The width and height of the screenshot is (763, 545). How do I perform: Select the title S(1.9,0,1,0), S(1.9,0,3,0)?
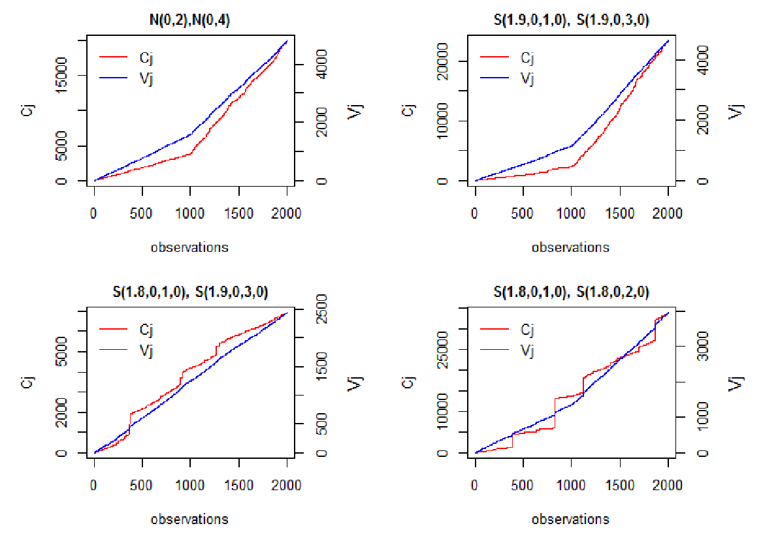[x=571, y=20]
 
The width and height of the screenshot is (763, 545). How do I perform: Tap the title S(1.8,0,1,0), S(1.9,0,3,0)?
[x=190, y=292]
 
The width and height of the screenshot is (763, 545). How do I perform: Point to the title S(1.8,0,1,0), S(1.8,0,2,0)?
[x=571, y=292]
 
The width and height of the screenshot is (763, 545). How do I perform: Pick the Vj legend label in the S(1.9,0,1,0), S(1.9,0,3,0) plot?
[x=527, y=78]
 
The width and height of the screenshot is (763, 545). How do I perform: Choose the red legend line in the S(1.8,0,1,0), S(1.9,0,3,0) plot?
[x=114, y=329]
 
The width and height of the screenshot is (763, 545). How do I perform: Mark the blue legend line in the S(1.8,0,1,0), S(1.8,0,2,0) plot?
[x=495, y=350]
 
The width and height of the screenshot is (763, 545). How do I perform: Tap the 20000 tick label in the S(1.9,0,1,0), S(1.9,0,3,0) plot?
[x=442, y=61]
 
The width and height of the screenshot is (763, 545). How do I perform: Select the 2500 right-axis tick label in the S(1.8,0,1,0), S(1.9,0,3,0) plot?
[x=321, y=309]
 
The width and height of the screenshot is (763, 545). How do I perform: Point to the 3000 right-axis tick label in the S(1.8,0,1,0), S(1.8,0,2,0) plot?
[x=703, y=346]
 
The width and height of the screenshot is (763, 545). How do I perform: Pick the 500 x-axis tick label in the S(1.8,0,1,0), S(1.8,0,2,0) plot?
[x=522, y=485]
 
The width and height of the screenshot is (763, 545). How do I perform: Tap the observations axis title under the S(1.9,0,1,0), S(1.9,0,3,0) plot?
[x=570, y=247]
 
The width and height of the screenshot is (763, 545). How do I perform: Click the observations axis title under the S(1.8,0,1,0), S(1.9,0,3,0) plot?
[x=189, y=520]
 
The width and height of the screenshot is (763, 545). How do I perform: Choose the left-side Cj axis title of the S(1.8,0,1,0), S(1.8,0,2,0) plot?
[x=409, y=382]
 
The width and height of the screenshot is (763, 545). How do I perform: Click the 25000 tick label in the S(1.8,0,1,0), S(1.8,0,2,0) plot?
[x=442, y=350]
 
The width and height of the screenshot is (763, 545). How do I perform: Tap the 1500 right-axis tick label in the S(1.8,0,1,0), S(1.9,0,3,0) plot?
[x=321, y=367]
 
